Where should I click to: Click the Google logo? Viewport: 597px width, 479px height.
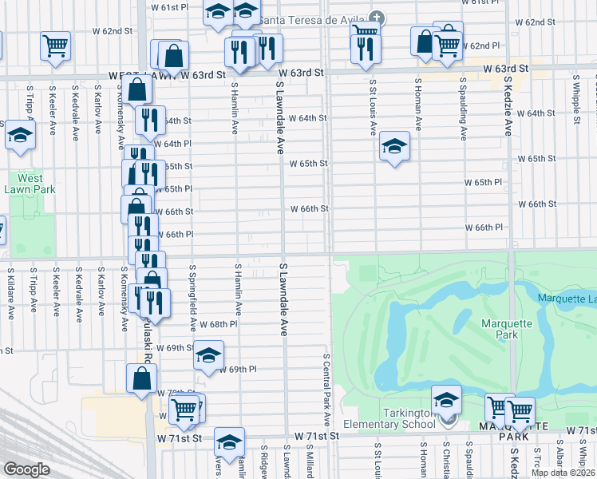[26, 469]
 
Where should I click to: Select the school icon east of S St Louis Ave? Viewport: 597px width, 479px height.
[393, 146]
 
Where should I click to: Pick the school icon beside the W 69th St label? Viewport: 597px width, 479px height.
[208, 355]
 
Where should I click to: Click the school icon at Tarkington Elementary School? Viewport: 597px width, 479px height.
[447, 400]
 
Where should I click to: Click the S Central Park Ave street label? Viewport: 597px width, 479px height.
[327, 389]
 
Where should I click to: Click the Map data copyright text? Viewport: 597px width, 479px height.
[563, 473]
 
